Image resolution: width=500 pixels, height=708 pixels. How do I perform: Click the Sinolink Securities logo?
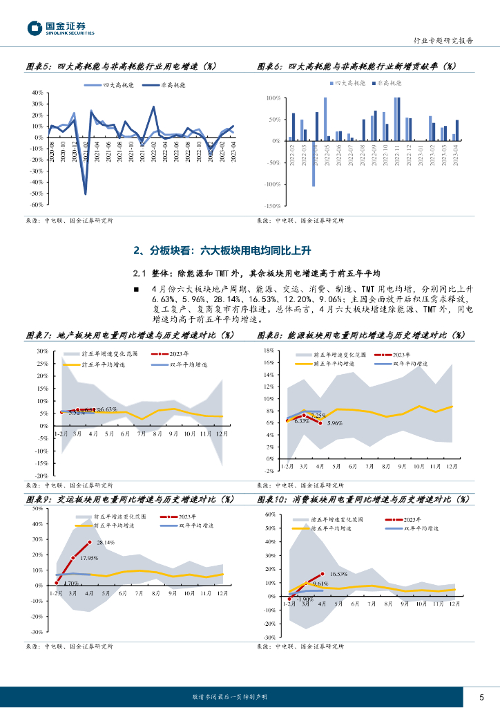pyautogui.click(x=61, y=28)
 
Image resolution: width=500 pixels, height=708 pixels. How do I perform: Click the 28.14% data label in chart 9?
pyautogui.click(x=105, y=543)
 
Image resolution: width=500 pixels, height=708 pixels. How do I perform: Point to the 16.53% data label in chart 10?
pyautogui.click(x=338, y=574)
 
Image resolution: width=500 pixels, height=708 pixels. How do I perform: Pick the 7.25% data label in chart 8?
pyautogui.click(x=318, y=416)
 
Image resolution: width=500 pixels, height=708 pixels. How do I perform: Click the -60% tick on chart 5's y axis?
pyautogui.click(x=37, y=205)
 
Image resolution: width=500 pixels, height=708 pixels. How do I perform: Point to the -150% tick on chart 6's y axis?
pyautogui.click(x=271, y=206)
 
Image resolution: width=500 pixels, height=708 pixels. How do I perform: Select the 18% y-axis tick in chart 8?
pyautogui.click(x=271, y=352)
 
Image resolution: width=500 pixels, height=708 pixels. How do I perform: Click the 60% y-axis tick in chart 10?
pyautogui.click(x=271, y=515)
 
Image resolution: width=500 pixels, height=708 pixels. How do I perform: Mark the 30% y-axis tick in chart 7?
pyautogui.click(x=41, y=352)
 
